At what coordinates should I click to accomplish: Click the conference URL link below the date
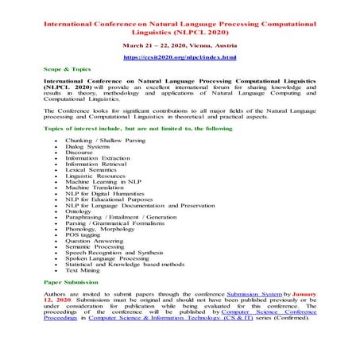point(180,58)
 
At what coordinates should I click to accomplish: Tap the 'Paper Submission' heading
point(71,282)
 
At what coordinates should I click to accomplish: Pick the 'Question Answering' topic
point(96,241)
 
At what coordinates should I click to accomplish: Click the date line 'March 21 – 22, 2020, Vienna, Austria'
point(180,45)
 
